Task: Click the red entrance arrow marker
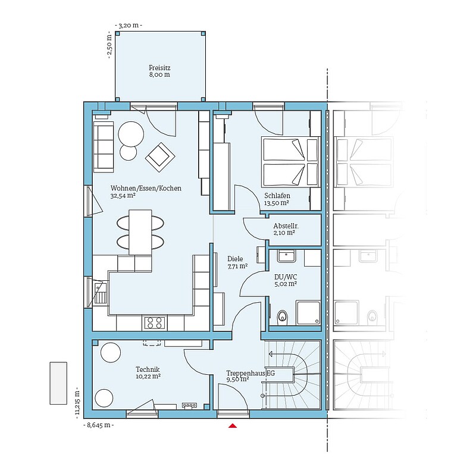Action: click(233, 425)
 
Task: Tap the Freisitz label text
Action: click(159, 68)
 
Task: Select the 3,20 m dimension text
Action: click(129, 26)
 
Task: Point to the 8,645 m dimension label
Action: click(99, 425)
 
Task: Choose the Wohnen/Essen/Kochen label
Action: click(146, 188)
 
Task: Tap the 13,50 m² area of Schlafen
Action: click(276, 203)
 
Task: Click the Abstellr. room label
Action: click(286, 226)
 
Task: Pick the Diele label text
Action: click(235, 259)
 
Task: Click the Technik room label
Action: click(148, 369)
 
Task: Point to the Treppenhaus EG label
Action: click(250, 373)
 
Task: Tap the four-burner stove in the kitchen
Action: click(155, 322)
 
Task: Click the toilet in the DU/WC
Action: click(282, 316)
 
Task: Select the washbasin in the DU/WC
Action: click(286, 256)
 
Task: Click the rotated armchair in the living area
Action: click(160, 157)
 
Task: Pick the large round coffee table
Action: click(131, 134)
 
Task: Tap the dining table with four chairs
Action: click(140, 232)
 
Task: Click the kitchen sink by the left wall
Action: click(100, 293)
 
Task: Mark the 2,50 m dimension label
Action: click(110, 45)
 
